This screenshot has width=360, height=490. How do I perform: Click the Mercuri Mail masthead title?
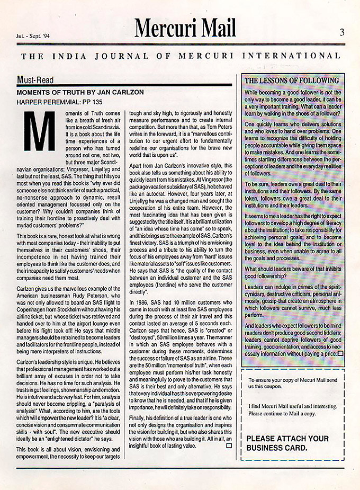pyautogui.click(x=185, y=26)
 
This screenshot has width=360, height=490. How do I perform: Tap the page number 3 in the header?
pyautogui.click(x=342, y=32)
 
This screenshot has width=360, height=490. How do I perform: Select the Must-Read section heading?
pyautogui.click(x=36, y=79)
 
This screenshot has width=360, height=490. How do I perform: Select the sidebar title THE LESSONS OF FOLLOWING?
pyautogui.click(x=292, y=81)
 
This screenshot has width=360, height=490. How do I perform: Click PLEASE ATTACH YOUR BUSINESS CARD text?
pyautogui.click(x=287, y=443)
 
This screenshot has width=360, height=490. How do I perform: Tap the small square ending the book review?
pyautogui.click(x=228, y=446)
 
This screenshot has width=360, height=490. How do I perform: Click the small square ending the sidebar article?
pyautogui.click(x=340, y=353)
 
